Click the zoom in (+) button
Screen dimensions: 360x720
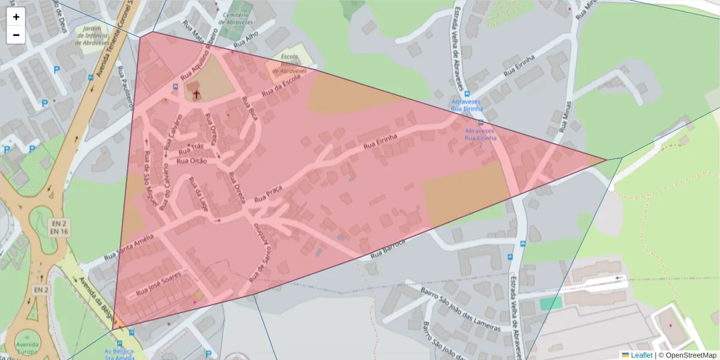(16, 17)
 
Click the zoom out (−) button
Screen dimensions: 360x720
(16, 35)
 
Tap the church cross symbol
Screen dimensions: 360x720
(196, 94)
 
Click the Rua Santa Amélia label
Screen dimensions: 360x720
(129, 247)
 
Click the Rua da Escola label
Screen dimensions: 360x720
(280, 90)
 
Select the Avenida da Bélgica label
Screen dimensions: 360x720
(96, 298)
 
